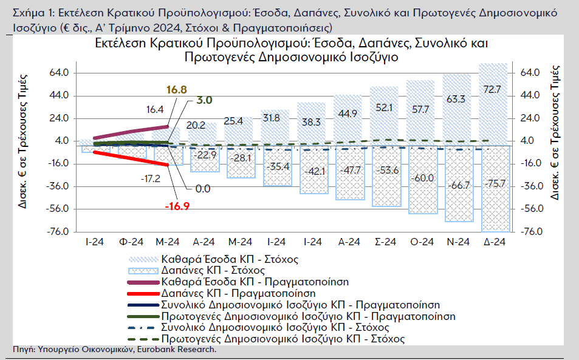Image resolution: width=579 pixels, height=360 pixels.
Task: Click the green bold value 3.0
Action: click(204, 100)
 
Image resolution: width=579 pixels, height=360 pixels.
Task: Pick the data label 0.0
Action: click(203, 189)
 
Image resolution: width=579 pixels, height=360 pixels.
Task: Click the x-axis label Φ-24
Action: click(131, 242)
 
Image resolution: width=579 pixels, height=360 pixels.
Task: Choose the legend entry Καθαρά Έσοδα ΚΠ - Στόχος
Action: click(229, 259)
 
